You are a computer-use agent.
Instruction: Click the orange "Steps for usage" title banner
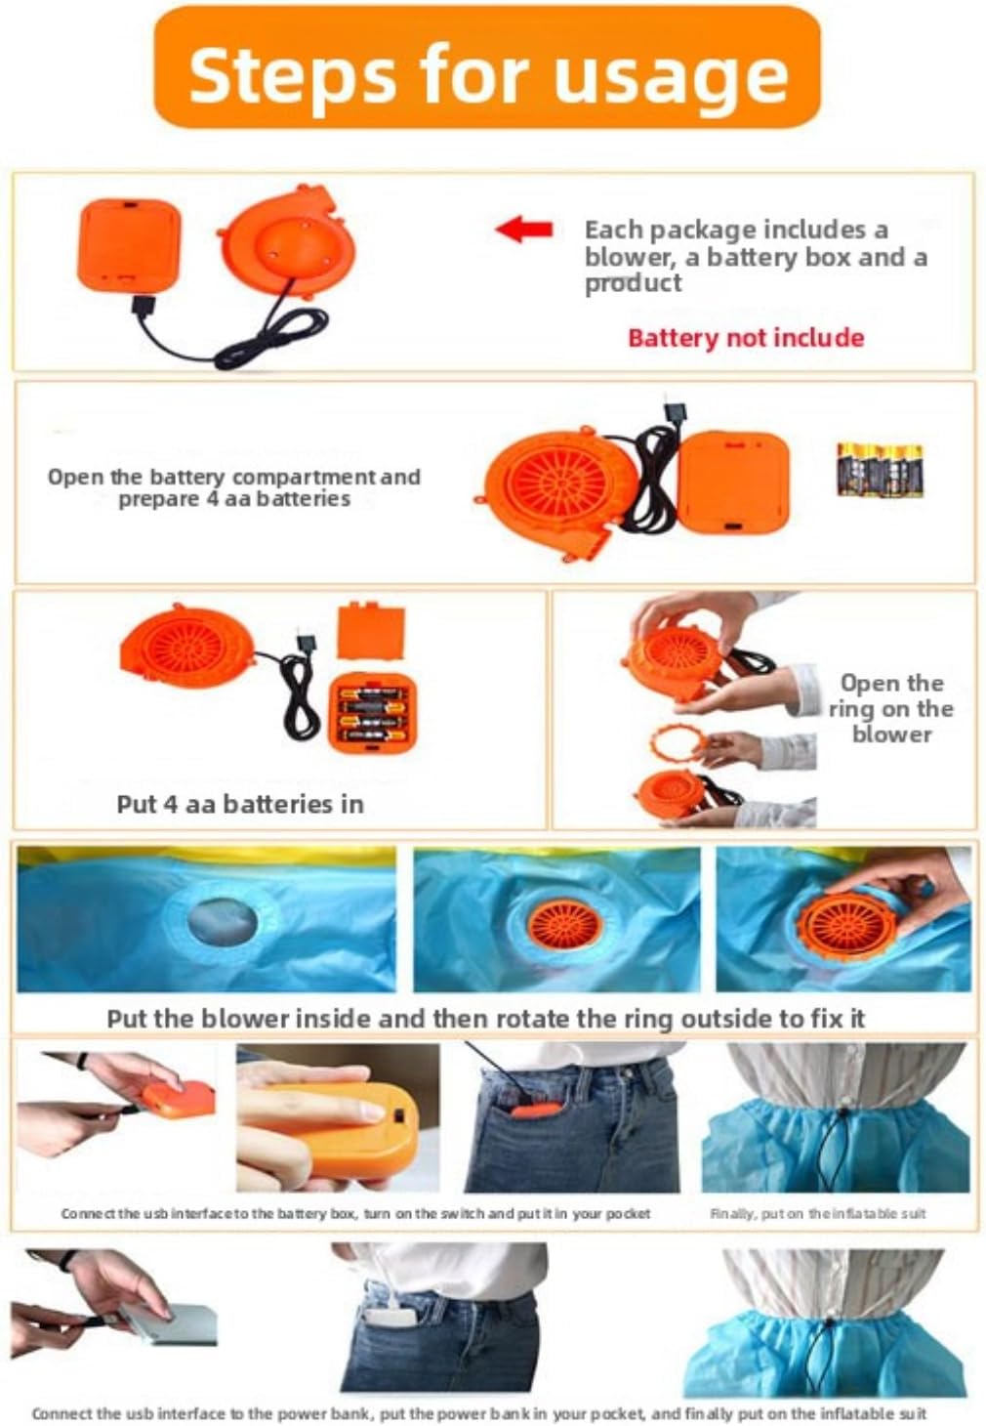[487, 67]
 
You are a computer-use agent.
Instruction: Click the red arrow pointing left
[523, 230]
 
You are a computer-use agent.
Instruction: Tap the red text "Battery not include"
[746, 337]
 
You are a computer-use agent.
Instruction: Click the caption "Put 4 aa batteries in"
[240, 804]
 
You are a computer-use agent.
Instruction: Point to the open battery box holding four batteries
[372, 712]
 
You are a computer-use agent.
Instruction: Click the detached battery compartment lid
[371, 631]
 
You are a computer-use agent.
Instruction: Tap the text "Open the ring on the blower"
[891, 708]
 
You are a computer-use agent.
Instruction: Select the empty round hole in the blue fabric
[223, 921]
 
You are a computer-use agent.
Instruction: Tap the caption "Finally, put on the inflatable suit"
[817, 1213]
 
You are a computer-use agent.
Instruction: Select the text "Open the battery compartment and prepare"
[234, 487]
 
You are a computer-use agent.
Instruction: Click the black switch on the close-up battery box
[399, 1117]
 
